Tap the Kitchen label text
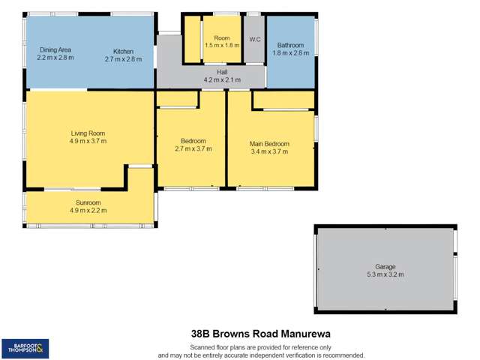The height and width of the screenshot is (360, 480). [124, 49]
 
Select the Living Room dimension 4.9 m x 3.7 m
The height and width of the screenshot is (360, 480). [88, 141]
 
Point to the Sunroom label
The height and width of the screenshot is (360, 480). [88, 202]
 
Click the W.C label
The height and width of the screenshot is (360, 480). [254, 40]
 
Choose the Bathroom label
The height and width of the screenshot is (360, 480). [289, 44]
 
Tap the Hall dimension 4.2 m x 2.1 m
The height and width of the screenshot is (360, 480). [221, 79]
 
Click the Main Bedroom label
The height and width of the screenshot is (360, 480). [269, 143]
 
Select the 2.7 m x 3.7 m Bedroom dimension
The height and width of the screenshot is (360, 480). [193, 149]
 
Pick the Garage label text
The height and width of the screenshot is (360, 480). [385, 266]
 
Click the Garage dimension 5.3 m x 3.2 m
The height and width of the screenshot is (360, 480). [385, 274]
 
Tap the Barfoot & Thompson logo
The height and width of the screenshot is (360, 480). [25, 347]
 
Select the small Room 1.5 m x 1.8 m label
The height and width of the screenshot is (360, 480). [222, 41]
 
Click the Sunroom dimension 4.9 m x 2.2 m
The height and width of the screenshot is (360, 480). [88, 211]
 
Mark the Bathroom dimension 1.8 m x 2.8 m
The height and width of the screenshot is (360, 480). [289, 52]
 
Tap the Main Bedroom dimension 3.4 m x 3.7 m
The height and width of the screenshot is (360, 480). [269, 151]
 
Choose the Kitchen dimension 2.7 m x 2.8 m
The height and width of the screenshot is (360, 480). [124, 58]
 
